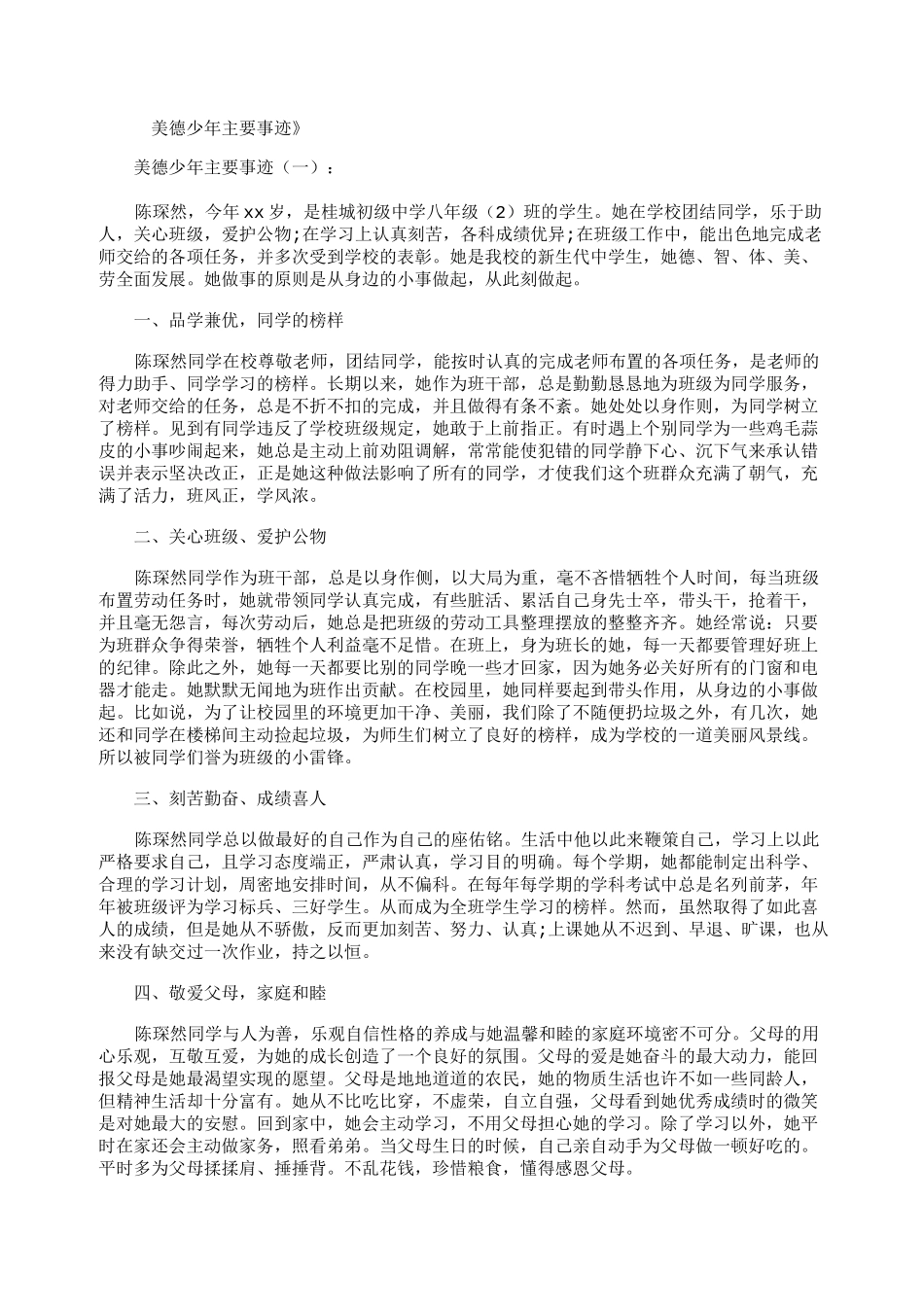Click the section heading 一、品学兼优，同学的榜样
pos(237,319)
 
